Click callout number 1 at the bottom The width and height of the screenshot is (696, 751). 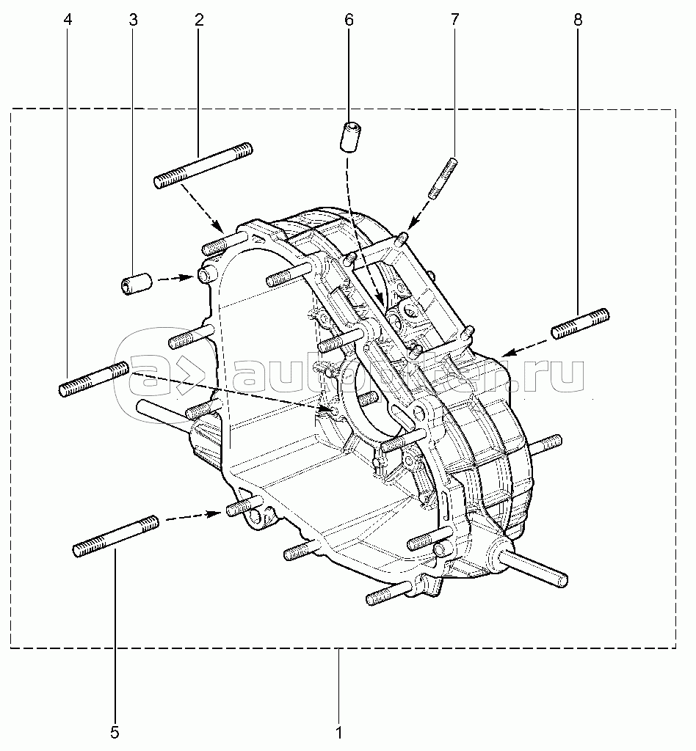[338, 732]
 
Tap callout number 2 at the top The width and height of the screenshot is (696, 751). [199, 21]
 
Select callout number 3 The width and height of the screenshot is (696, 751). [133, 21]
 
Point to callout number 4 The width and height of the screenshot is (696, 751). [68, 21]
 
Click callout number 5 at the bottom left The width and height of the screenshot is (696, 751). [115, 732]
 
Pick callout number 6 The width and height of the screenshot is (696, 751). [349, 21]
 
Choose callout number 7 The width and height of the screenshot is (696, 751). [454, 21]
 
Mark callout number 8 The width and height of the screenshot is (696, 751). [578, 21]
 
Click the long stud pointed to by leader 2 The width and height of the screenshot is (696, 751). [203, 166]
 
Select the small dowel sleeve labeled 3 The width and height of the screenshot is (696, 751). [136, 283]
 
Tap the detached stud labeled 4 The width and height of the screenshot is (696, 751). [94, 378]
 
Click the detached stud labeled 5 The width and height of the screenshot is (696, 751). [116, 537]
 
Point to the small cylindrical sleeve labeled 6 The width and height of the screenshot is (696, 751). [352, 136]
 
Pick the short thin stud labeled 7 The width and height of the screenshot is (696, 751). [444, 177]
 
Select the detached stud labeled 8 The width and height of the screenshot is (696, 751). [580, 323]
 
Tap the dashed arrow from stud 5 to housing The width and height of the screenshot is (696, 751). [192, 516]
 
